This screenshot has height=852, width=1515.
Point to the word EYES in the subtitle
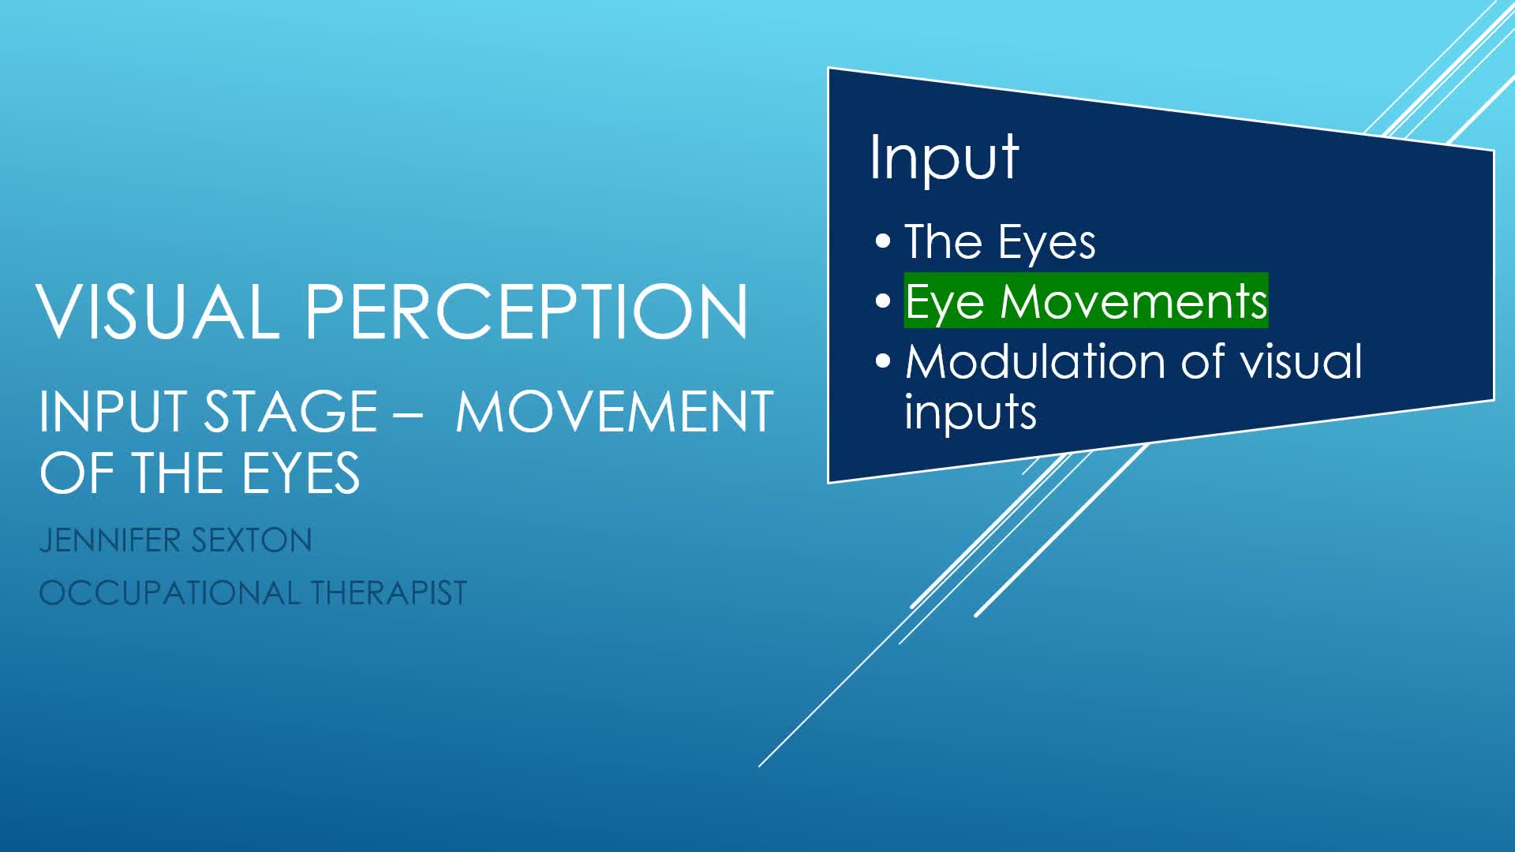(x=301, y=473)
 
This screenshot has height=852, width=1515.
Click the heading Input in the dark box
(x=944, y=158)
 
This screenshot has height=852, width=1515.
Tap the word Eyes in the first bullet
(x=1046, y=243)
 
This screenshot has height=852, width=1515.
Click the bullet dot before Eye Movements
(x=883, y=301)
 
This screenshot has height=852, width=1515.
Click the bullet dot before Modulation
(x=883, y=361)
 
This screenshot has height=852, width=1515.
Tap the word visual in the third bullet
(x=1302, y=361)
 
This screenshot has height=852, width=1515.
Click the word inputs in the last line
(x=971, y=413)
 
